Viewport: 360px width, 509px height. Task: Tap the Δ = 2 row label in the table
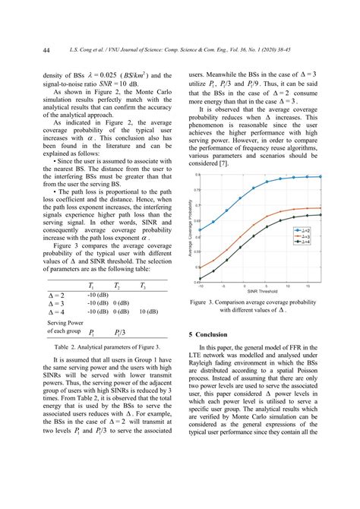(x=55, y=295)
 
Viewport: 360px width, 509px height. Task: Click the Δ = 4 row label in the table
(x=55, y=311)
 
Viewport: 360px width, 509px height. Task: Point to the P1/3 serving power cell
(x=120, y=333)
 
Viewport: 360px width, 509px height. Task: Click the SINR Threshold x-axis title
(x=261, y=290)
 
